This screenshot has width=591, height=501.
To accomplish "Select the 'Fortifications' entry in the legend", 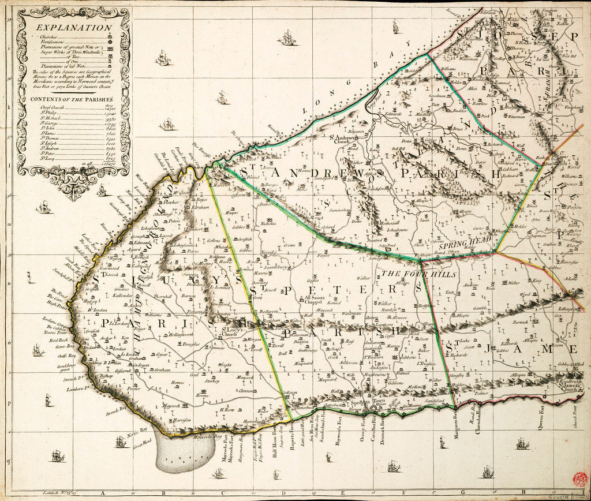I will (46, 42).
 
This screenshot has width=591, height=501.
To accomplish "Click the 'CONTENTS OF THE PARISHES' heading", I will (68, 99).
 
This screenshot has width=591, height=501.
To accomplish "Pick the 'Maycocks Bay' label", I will (210, 437).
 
